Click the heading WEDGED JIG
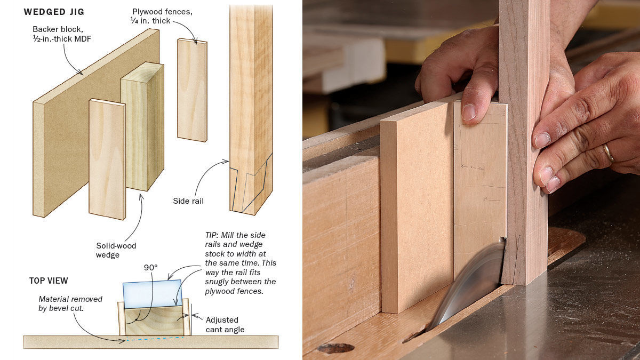54,11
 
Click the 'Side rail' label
188,201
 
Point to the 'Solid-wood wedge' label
116,250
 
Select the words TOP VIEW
49,281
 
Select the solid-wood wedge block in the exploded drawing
142,128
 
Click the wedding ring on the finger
609,153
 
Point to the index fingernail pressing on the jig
469,111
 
